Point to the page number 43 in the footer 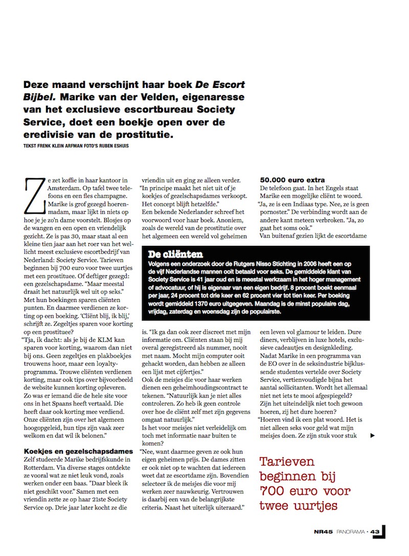tap(375, 531)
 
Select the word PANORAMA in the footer tap(351, 531)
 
